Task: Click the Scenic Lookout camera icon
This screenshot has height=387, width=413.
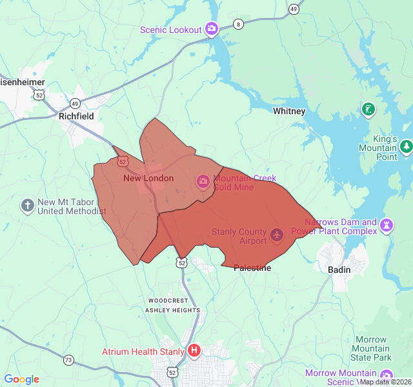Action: point(211,29)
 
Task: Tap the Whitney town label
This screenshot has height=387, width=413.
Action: point(289,111)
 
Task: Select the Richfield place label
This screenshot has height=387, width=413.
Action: point(76,116)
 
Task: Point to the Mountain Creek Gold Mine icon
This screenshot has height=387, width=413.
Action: point(203,183)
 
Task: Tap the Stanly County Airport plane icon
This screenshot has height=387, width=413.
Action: point(277,234)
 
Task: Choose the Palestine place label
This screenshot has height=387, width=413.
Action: point(252,268)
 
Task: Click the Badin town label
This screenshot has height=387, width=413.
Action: point(339,270)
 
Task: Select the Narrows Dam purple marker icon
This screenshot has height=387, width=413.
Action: point(387,225)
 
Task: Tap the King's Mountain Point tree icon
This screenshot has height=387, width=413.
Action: point(406,147)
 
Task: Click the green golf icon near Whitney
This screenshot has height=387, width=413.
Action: point(368,109)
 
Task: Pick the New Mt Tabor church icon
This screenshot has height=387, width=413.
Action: point(27,206)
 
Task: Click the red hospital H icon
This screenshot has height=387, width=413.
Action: point(194,352)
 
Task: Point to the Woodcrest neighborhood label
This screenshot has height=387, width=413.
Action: point(168,301)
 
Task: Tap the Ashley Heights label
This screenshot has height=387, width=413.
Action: point(172,310)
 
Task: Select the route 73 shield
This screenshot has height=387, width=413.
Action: point(68,360)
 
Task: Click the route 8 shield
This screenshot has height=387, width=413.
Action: point(239,25)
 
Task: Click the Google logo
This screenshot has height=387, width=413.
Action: point(21,379)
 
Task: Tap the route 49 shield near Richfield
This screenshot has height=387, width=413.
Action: point(75,103)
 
